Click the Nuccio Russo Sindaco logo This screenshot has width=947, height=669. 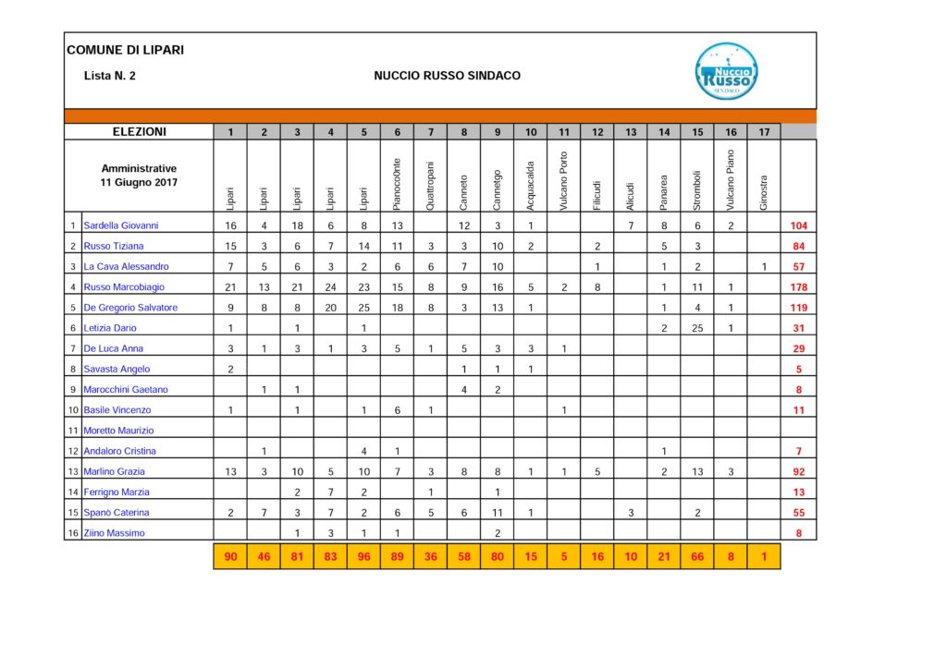pos(727,72)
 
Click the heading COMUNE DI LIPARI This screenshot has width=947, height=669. pos(125,50)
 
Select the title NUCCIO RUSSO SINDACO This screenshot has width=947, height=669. pos(447,76)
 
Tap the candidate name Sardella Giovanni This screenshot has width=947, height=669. pos(121,225)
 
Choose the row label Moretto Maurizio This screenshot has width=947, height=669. pos(119,431)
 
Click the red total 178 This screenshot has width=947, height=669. pos(798,287)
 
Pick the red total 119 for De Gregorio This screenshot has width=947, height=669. pos(798,308)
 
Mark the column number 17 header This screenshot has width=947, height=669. pos(764,132)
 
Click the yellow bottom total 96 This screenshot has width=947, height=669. pos(363,557)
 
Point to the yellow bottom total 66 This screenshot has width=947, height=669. pos(697,557)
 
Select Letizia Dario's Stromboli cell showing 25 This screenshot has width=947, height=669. pos(697,328)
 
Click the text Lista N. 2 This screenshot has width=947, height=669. pos(109,76)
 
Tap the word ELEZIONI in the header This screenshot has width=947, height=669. pos(139,132)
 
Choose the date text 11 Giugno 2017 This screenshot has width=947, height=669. pos(139,183)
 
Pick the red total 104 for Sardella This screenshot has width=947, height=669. pos(798,225)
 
